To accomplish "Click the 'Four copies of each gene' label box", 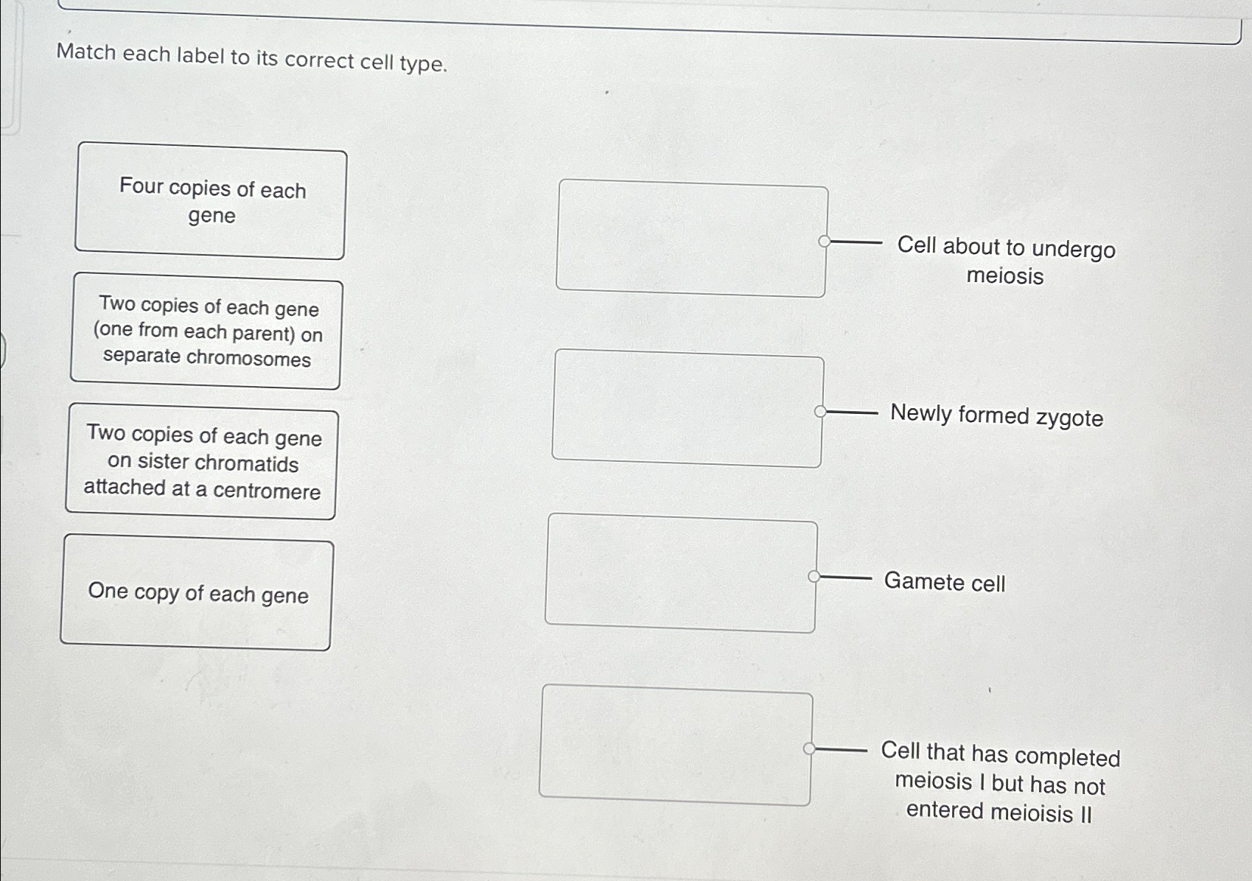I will pyautogui.click(x=210, y=201).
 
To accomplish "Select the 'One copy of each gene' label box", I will pyautogui.click(x=197, y=593).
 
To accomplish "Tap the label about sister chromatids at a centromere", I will pyautogui.click(x=201, y=463).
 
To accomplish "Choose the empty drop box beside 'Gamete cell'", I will pyautogui.click(x=681, y=573).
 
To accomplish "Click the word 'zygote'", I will pyautogui.click(x=1069, y=418).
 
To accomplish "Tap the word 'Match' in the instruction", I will pyautogui.click(x=86, y=52).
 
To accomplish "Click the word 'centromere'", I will pyautogui.click(x=267, y=491).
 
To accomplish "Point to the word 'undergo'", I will pyautogui.click(x=1073, y=250).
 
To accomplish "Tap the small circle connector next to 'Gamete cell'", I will pyautogui.click(x=814, y=576).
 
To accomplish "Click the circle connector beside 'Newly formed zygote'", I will pyautogui.click(x=820, y=412).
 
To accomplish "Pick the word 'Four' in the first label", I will pyautogui.click(x=141, y=186).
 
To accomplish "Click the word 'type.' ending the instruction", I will pyautogui.click(x=423, y=64).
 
